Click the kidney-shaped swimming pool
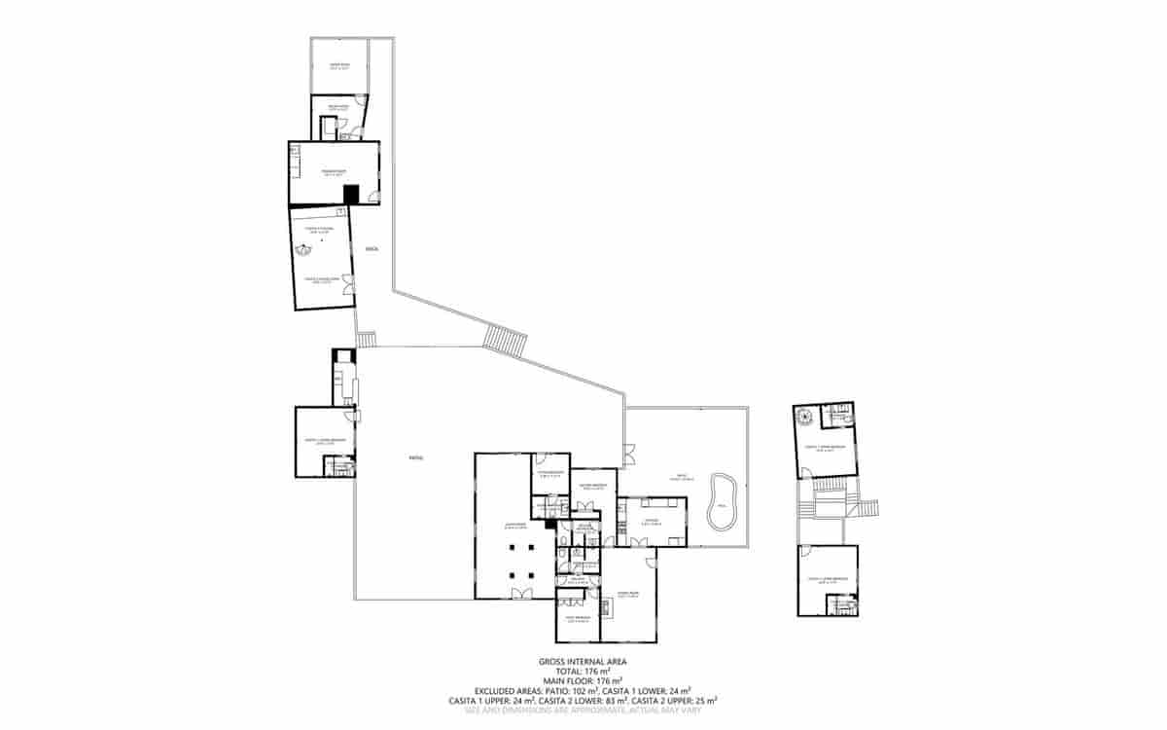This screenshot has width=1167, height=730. click(x=721, y=502)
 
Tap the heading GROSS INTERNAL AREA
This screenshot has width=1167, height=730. click(x=583, y=662)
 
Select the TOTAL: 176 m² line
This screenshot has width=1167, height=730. click(x=583, y=672)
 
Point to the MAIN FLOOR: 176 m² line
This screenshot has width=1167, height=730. click(x=583, y=681)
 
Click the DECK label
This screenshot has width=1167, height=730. click(x=371, y=249)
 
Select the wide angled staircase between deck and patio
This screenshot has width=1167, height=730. click(x=506, y=341)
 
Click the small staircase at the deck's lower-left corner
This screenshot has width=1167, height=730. click(x=366, y=339)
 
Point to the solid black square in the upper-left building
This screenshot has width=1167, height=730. click(x=351, y=193)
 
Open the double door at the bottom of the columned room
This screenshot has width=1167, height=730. click(x=522, y=595)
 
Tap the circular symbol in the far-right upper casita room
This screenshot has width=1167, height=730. click(x=804, y=416)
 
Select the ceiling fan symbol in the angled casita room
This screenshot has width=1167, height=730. click(x=302, y=248)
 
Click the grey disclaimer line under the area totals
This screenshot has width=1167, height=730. click(x=583, y=711)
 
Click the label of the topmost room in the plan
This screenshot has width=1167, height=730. click(x=338, y=66)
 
